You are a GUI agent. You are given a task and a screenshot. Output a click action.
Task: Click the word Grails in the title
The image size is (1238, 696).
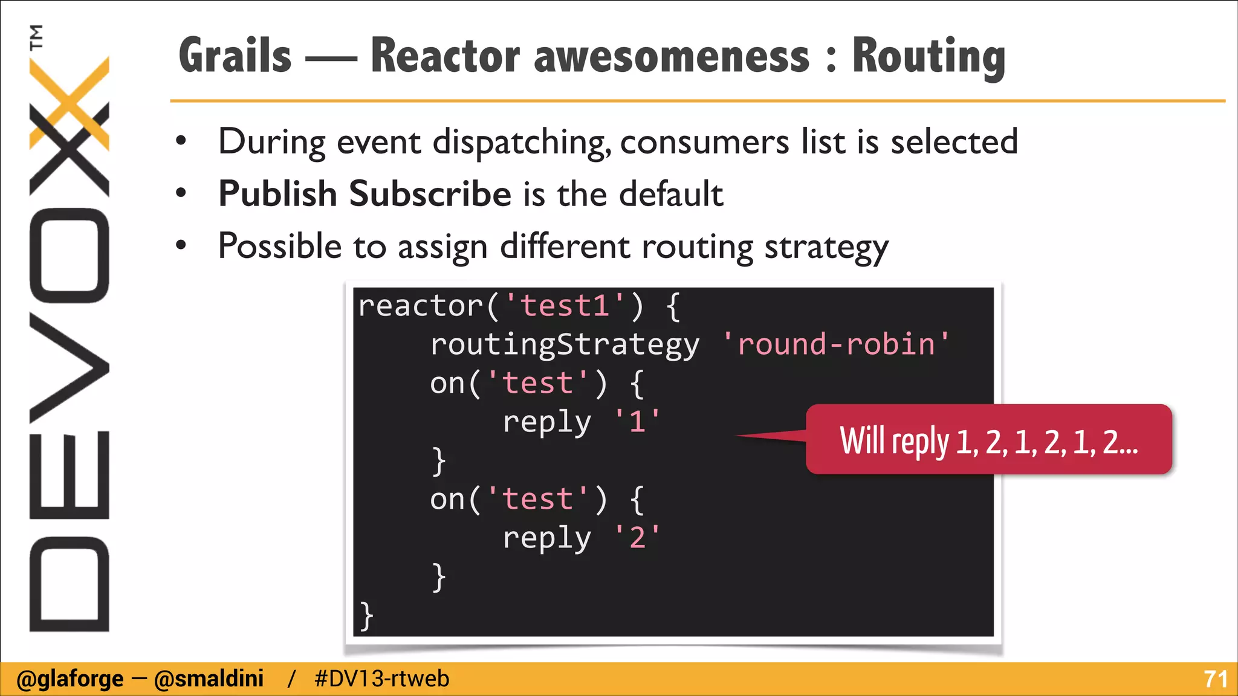(x=235, y=56)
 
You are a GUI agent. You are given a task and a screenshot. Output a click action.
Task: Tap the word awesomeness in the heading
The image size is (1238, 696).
(x=672, y=56)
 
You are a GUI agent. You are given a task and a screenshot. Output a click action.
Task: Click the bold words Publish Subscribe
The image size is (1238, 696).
(x=365, y=194)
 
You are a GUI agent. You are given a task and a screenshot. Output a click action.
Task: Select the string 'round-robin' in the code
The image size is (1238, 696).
(x=836, y=344)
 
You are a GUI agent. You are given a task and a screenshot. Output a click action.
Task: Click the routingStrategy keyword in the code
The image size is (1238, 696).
(x=565, y=344)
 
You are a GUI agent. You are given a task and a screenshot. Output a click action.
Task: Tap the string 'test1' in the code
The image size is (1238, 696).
(x=565, y=306)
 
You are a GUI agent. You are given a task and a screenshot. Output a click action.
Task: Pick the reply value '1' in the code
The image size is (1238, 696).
(x=637, y=421)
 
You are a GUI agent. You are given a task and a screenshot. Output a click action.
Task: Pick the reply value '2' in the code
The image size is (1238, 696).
(x=637, y=537)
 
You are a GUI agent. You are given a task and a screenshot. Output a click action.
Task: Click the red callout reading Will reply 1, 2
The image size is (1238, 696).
(x=989, y=440)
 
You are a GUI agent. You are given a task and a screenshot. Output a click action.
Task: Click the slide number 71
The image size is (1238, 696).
(x=1215, y=679)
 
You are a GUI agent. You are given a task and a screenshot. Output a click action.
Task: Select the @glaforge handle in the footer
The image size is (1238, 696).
(x=70, y=679)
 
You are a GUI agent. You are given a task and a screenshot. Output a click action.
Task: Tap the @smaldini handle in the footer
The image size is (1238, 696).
(x=209, y=679)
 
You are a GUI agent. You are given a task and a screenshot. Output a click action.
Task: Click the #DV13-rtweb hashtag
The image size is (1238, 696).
(x=382, y=679)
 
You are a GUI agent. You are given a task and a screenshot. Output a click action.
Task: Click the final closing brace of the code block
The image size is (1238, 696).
(x=366, y=616)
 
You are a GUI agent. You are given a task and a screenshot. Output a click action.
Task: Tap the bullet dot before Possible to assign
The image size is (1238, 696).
(x=181, y=246)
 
